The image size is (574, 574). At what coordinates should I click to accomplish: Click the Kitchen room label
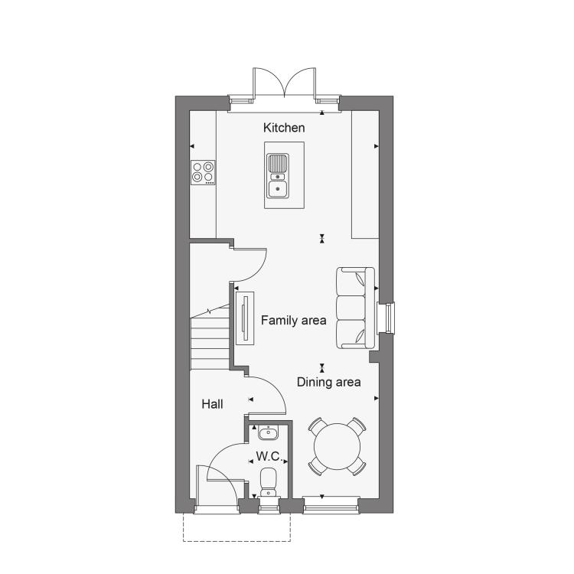(284, 128)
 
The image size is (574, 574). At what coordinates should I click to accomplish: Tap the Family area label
(293, 321)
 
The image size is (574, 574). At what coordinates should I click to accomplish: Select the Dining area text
(329, 382)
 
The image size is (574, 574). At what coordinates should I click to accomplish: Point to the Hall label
(212, 404)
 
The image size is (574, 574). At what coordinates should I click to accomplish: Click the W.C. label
(269, 456)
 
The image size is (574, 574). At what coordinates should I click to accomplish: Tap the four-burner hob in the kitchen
(203, 172)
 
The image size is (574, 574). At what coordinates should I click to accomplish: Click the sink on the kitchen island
(278, 176)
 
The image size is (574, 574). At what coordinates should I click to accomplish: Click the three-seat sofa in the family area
(355, 308)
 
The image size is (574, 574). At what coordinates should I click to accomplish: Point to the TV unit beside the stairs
(245, 318)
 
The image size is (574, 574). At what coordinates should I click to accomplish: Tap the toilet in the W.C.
(269, 482)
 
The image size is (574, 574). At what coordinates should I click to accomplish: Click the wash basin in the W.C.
(269, 432)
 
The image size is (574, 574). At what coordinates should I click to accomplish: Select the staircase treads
(210, 344)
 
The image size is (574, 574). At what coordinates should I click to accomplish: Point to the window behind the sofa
(386, 318)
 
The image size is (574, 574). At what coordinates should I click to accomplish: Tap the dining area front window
(331, 506)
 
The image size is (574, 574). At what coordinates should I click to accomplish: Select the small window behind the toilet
(269, 506)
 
